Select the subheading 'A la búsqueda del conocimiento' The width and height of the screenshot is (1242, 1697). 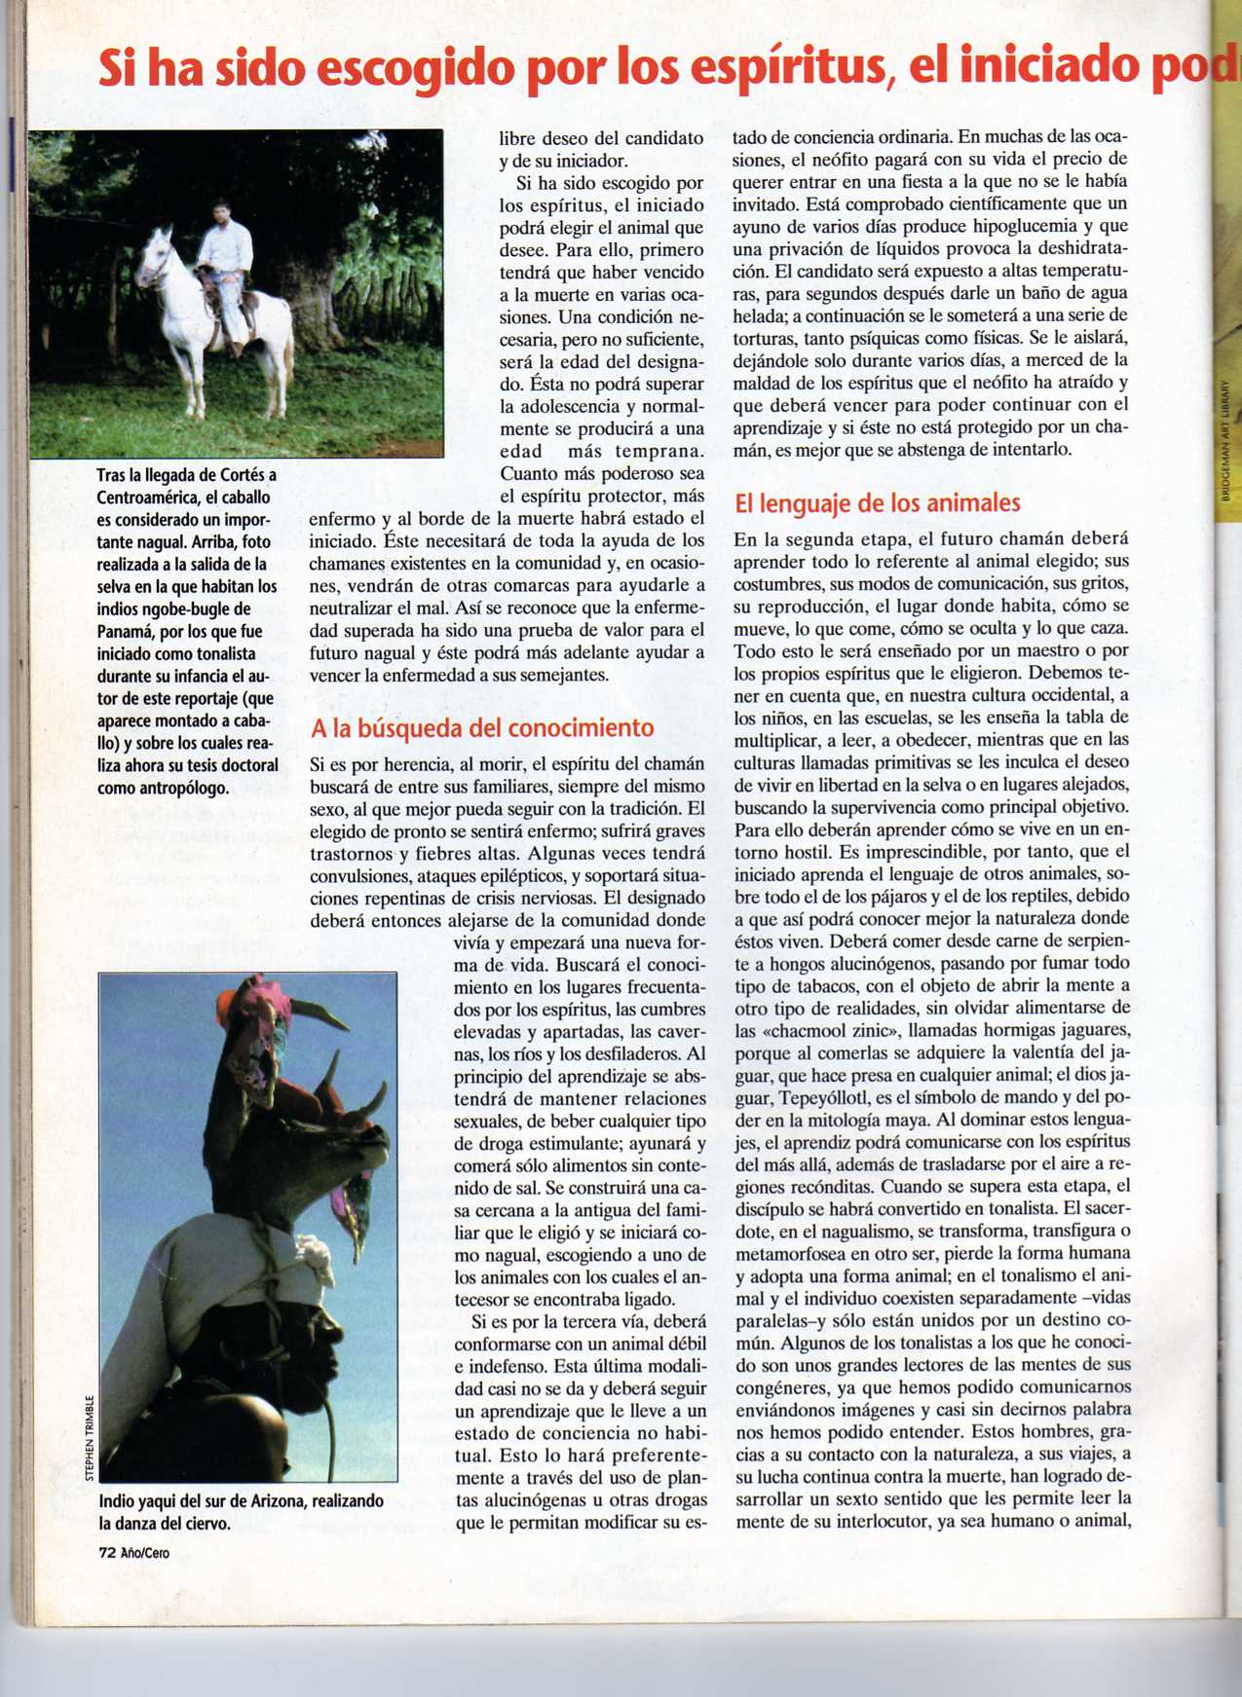pos(482,728)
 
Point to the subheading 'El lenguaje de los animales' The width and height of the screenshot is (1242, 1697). pos(878,503)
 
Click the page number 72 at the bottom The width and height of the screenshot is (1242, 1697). pos(107,1553)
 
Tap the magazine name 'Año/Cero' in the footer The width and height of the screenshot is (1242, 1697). pos(145,1553)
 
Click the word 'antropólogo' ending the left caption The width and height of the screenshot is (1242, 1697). pos(181,788)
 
